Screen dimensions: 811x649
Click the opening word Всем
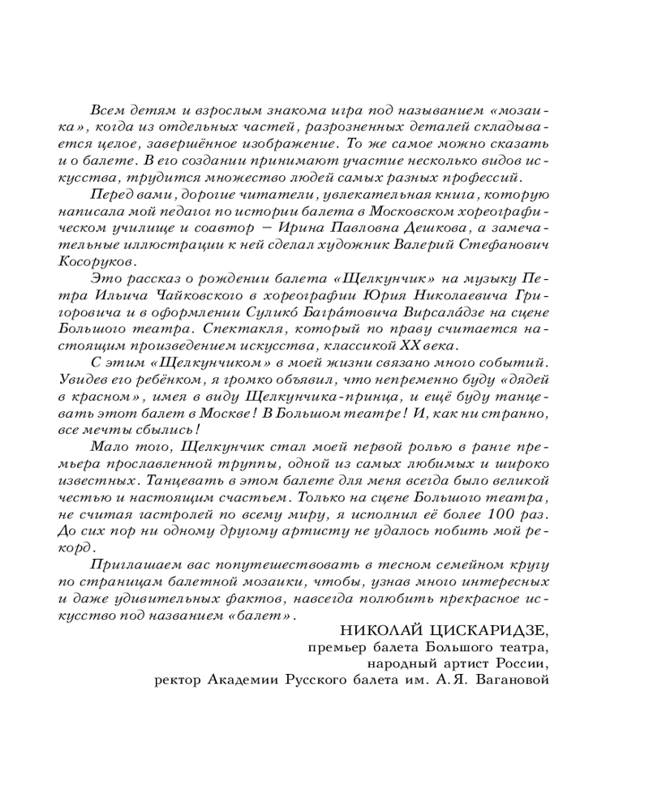pos(108,110)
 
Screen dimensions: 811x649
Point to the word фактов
pos(264,599)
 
